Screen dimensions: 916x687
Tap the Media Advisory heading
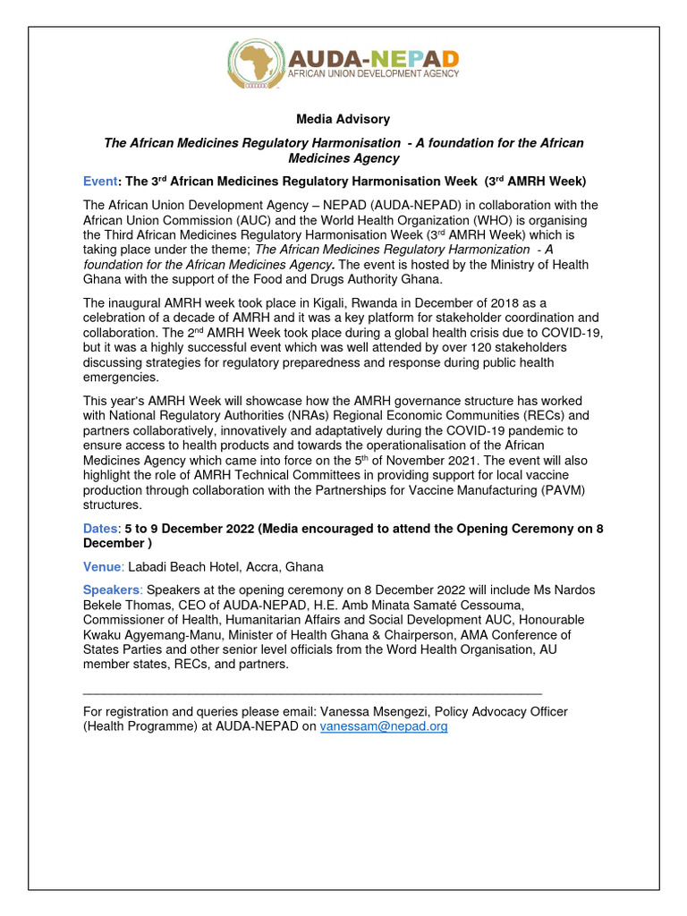pos(343,119)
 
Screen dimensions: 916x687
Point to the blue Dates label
pos(100,529)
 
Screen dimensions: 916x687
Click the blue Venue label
pos(103,567)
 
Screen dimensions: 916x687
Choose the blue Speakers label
pos(111,590)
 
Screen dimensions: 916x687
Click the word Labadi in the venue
pos(149,567)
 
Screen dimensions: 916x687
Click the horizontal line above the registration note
pos(312,692)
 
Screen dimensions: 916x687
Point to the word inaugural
pos(140,303)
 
